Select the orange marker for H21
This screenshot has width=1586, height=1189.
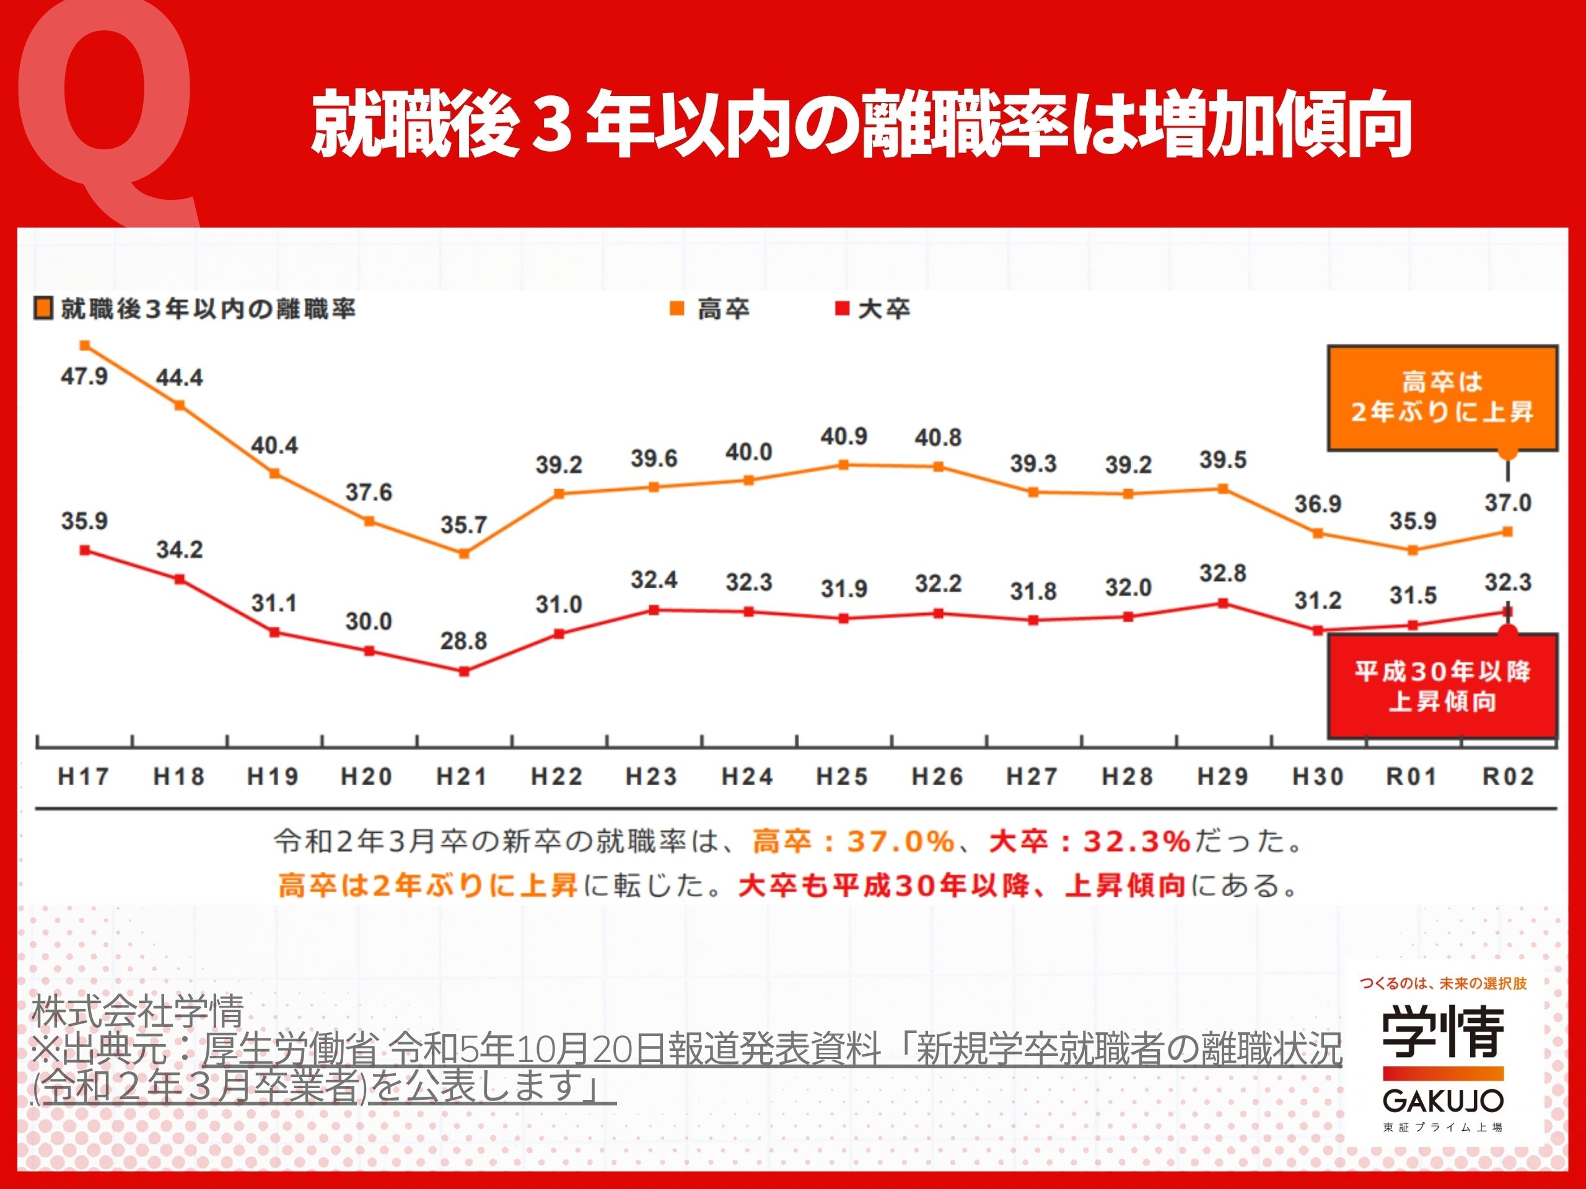pyautogui.click(x=464, y=553)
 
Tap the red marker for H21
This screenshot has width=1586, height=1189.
pyautogui.click(x=464, y=671)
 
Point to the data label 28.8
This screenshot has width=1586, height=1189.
pyautogui.click(x=463, y=641)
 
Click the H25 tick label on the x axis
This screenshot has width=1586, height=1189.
pyautogui.click(x=843, y=777)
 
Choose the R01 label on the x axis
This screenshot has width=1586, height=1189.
pyautogui.click(x=1412, y=777)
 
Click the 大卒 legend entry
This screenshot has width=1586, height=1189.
pyautogui.click(x=874, y=310)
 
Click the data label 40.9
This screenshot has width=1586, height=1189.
pyautogui.click(x=844, y=437)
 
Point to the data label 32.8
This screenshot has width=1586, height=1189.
pyautogui.click(x=1222, y=573)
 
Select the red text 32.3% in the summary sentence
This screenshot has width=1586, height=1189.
pyautogui.click(x=1136, y=842)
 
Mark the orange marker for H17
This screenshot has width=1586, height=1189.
pyautogui.click(x=85, y=346)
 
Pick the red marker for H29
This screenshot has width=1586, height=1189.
pyautogui.click(x=1223, y=603)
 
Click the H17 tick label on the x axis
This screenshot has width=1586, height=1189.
pyautogui.click(x=83, y=777)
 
